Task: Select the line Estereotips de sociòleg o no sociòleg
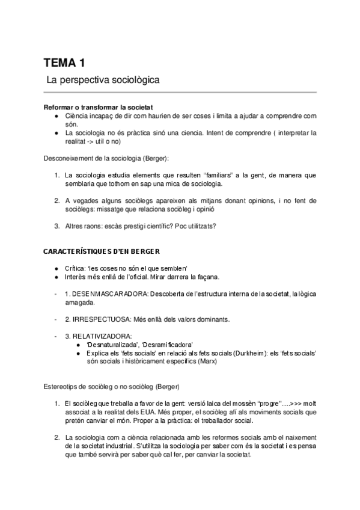pos(111,384)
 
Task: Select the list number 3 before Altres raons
pos(56,226)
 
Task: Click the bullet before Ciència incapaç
pos(55,115)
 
